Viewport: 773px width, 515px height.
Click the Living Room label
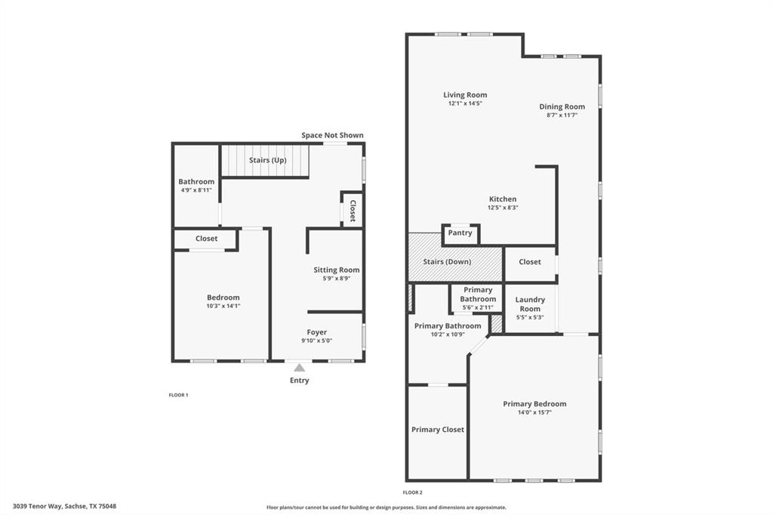click(x=465, y=95)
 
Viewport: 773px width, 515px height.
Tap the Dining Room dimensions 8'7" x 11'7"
click(x=562, y=116)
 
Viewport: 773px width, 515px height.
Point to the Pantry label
click(x=460, y=233)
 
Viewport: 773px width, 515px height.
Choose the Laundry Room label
click(x=530, y=304)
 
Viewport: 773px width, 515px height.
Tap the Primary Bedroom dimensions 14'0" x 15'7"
click(x=534, y=413)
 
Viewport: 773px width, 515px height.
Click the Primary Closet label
click(x=437, y=430)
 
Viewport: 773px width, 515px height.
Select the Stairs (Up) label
click(x=267, y=160)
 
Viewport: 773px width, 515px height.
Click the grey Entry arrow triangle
click(x=299, y=368)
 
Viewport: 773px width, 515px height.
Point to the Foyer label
click(x=317, y=332)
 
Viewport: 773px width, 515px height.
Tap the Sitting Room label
click(x=337, y=270)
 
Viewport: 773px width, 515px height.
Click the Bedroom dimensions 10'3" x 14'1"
click(x=223, y=307)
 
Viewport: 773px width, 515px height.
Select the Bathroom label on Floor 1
click(x=196, y=181)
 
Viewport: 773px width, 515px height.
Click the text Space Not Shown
click(x=332, y=135)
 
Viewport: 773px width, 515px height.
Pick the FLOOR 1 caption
click(x=178, y=395)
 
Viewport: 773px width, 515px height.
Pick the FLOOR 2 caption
click(x=412, y=492)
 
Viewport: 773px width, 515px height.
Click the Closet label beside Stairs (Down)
click(x=530, y=262)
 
